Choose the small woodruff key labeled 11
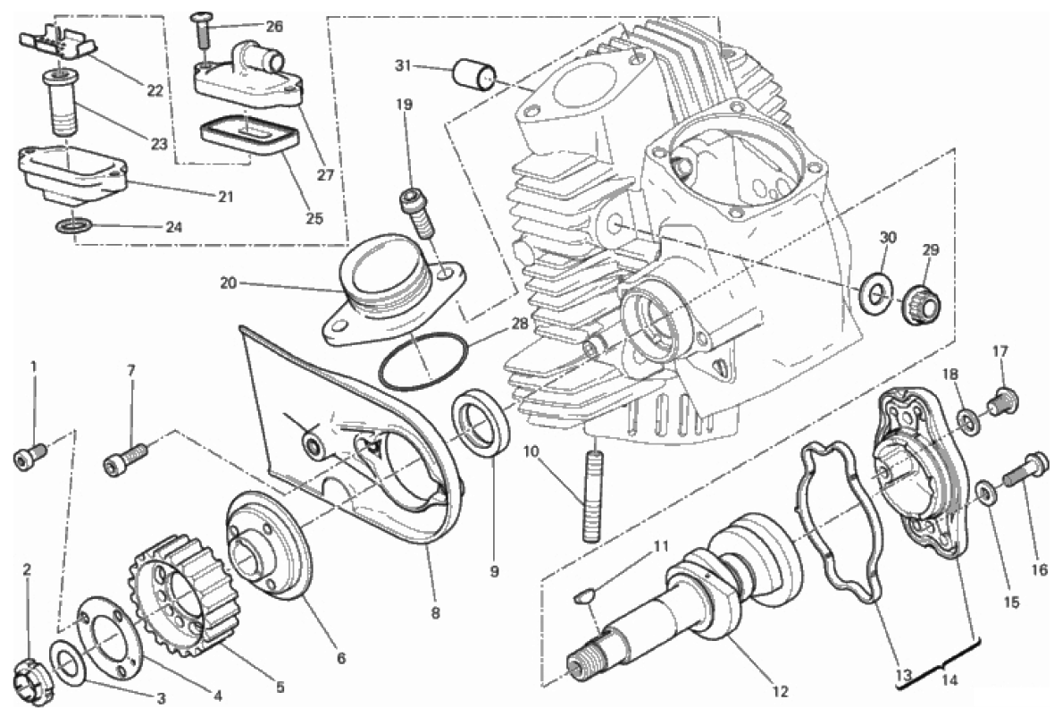pyautogui.click(x=581, y=598)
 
